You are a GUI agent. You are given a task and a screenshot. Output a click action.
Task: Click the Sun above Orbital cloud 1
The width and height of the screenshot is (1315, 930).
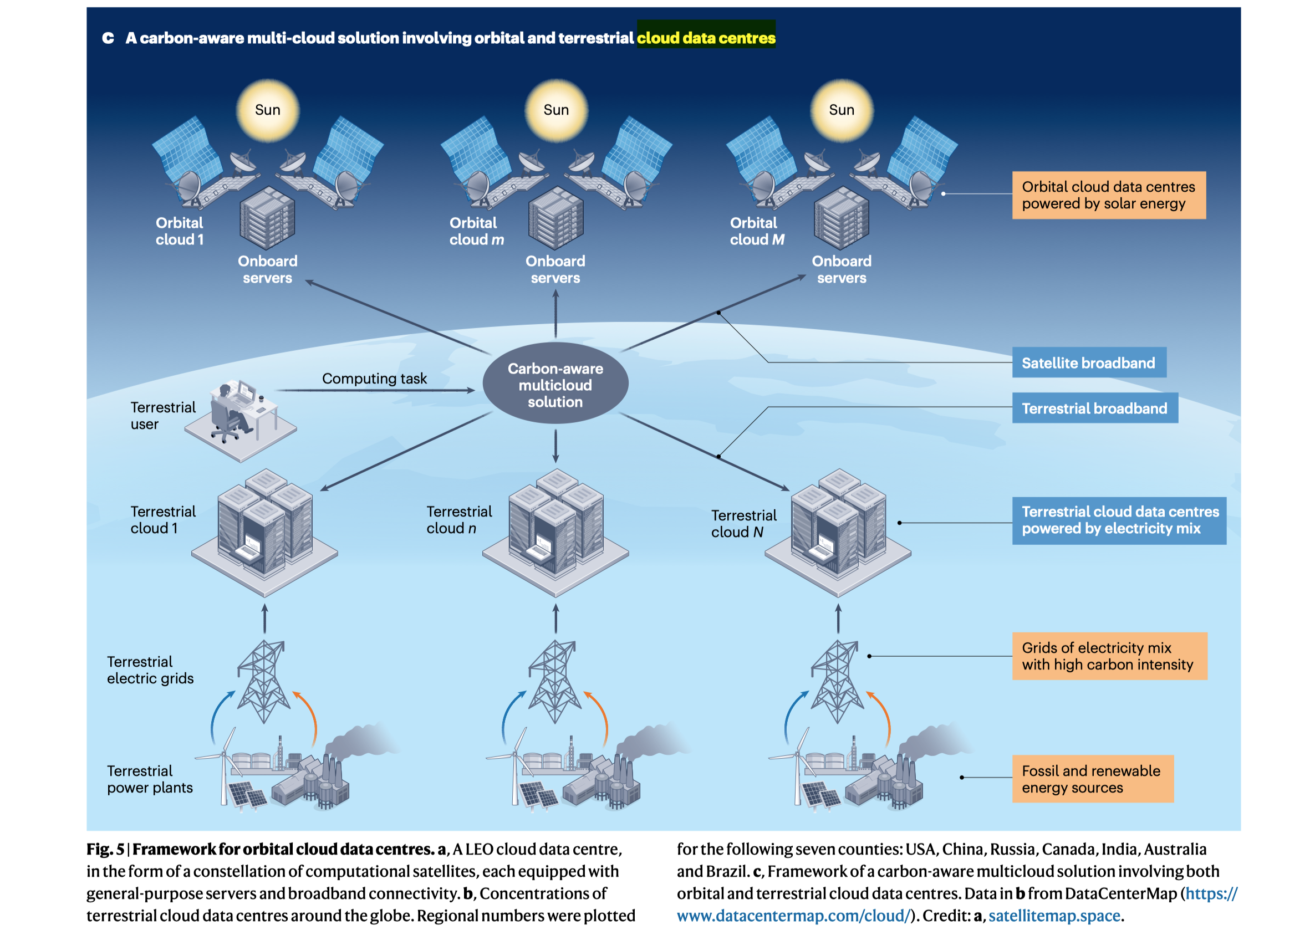(x=267, y=110)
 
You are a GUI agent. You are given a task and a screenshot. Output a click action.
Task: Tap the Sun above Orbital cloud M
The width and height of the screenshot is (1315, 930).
(x=842, y=110)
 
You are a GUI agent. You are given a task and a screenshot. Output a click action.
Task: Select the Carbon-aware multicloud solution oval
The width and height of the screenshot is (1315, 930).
(x=555, y=384)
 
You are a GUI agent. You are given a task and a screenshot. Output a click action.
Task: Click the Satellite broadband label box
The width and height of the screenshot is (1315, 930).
(x=1088, y=362)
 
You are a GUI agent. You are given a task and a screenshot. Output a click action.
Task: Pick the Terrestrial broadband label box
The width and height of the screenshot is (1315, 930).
(x=1094, y=408)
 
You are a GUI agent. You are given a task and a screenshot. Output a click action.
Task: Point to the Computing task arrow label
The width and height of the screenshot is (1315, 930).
(x=374, y=379)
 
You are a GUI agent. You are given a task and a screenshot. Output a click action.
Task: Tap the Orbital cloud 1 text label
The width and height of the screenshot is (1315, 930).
(x=179, y=231)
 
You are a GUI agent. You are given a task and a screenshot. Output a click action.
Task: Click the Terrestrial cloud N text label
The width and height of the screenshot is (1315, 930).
(x=743, y=523)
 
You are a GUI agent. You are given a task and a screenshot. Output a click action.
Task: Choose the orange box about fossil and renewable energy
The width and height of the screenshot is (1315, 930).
(x=1092, y=779)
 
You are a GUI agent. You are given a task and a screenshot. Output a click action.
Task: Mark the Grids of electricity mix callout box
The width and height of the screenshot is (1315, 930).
(x=1109, y=656)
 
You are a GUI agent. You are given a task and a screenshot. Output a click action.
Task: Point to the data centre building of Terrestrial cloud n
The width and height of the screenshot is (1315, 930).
(x=555, y=524)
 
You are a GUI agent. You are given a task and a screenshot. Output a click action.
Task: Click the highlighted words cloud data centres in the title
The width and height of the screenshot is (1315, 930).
(x=706, y=38)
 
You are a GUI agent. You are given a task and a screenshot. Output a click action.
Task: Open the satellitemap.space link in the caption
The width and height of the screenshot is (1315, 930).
(x=1054, y=916)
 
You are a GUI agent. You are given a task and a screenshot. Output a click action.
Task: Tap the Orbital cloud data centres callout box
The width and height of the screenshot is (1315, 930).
(x=1108, y=195)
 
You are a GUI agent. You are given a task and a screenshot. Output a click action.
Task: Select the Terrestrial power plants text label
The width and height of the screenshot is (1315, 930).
(x=150, y=779)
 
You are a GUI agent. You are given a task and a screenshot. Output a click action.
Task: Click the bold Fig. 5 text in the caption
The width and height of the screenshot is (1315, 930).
(x=105, y=849)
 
